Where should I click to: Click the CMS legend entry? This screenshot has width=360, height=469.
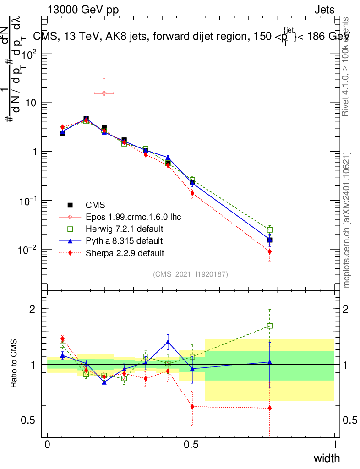pos(97,205)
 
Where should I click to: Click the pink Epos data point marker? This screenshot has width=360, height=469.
pos(104,93)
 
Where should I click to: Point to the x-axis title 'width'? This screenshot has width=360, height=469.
pos(326,458)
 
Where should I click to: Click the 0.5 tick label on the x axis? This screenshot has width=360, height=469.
pos(191,445)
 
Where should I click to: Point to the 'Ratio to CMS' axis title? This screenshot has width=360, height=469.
pos(14,364)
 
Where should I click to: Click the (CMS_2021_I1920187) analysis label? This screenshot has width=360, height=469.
pos(190,274)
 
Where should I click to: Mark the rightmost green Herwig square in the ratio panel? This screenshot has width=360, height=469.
pos(270,326)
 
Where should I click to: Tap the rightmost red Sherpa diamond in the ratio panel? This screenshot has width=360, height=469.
pos(270,408)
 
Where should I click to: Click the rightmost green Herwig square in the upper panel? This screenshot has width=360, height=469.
pos(270,230)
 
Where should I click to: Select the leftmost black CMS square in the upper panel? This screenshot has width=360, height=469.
pos(62,134)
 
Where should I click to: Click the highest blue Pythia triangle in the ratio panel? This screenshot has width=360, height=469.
pos(168,342)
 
